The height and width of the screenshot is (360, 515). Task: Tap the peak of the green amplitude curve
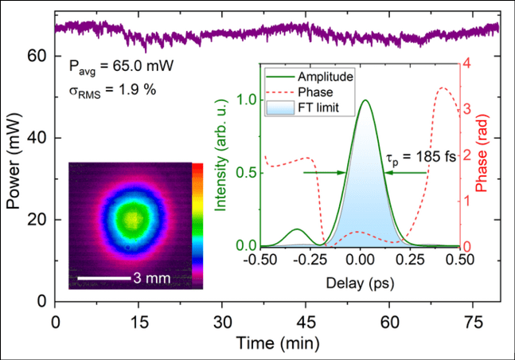[x=365, y=100]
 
